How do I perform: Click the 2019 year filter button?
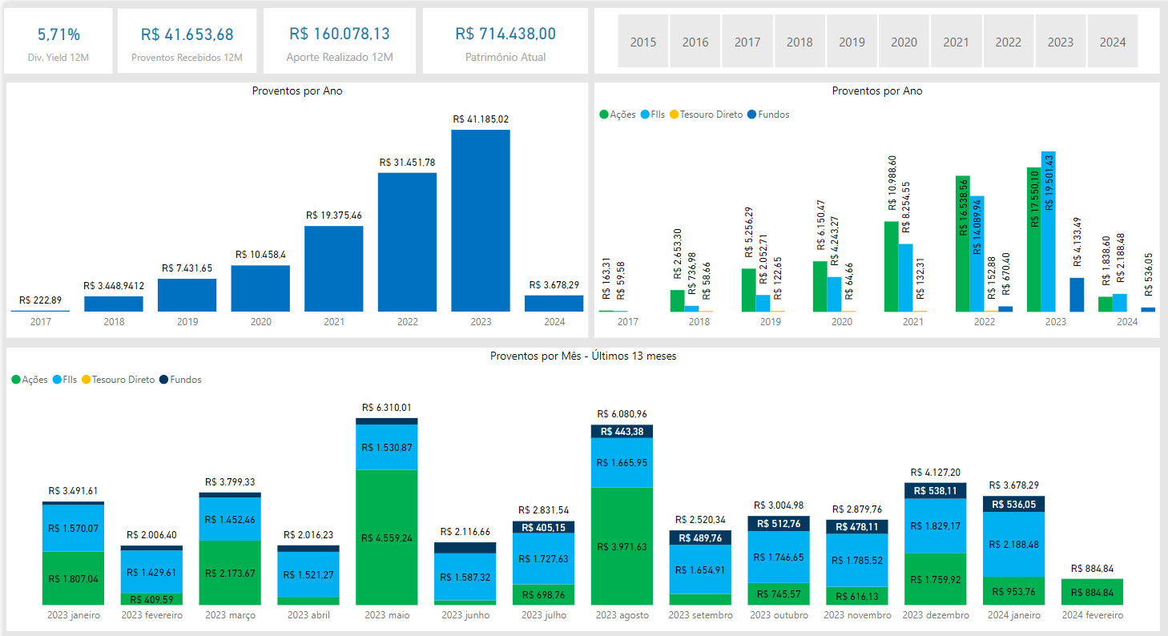[x=852, y=42]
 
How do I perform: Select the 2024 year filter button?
[x=1113, y=42]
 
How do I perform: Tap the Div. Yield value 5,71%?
[x=59, y=34]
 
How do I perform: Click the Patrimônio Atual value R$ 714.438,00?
[x=505, y=34]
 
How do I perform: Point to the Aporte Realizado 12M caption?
[x=339, y=58]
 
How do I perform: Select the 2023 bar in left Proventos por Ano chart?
[x=481, y=220]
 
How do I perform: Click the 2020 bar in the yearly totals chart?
[x=260, y=288]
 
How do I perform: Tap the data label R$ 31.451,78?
[x=408, y=163]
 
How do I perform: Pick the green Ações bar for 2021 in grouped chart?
[x=891, y=266]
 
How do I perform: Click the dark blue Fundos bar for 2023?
[x=1077, y=295]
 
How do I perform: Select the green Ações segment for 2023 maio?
[x=387, y=537]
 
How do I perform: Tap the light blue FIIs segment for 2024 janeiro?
[x=1014, y=545]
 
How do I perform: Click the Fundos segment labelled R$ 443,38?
[x=622, y=431]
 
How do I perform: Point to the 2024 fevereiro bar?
[x=1093, y=592]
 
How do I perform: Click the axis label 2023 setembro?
[x=701, y=615]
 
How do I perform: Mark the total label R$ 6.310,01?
[x=387, y=407]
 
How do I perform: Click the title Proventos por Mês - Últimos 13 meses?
[x=583, y=356]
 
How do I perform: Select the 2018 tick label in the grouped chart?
[x=699, y=321]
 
